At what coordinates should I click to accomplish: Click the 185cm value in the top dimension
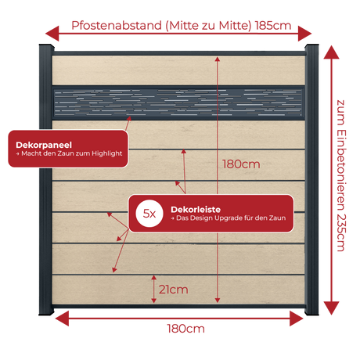tap(273, 26)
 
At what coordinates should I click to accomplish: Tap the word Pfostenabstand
tap(117, 26)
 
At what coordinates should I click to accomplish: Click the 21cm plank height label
tap(173, 290)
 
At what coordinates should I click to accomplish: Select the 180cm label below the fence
tap(185, 329)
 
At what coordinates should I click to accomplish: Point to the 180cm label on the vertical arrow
tap(241, 164)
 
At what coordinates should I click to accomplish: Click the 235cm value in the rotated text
tap(341, 232)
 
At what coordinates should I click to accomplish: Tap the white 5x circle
tap(149, 214)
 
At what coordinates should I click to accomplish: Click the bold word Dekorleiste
tap(196, 209)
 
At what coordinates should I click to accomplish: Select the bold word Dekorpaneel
tap(44, 145)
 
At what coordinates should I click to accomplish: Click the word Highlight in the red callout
tap(106, 153)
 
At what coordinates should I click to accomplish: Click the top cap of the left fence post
tap(47, 47)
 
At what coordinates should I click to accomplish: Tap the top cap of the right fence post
tap(311, 47)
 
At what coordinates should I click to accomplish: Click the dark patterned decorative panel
tap(178, 103)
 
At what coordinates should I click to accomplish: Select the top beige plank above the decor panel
tap(178, 70)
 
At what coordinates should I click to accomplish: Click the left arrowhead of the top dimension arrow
tap(52, 34)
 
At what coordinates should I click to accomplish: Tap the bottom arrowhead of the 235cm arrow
tap(331, 308)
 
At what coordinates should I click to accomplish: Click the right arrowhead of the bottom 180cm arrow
tap(297, 319)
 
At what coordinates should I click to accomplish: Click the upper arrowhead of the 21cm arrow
tap(154, 278)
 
